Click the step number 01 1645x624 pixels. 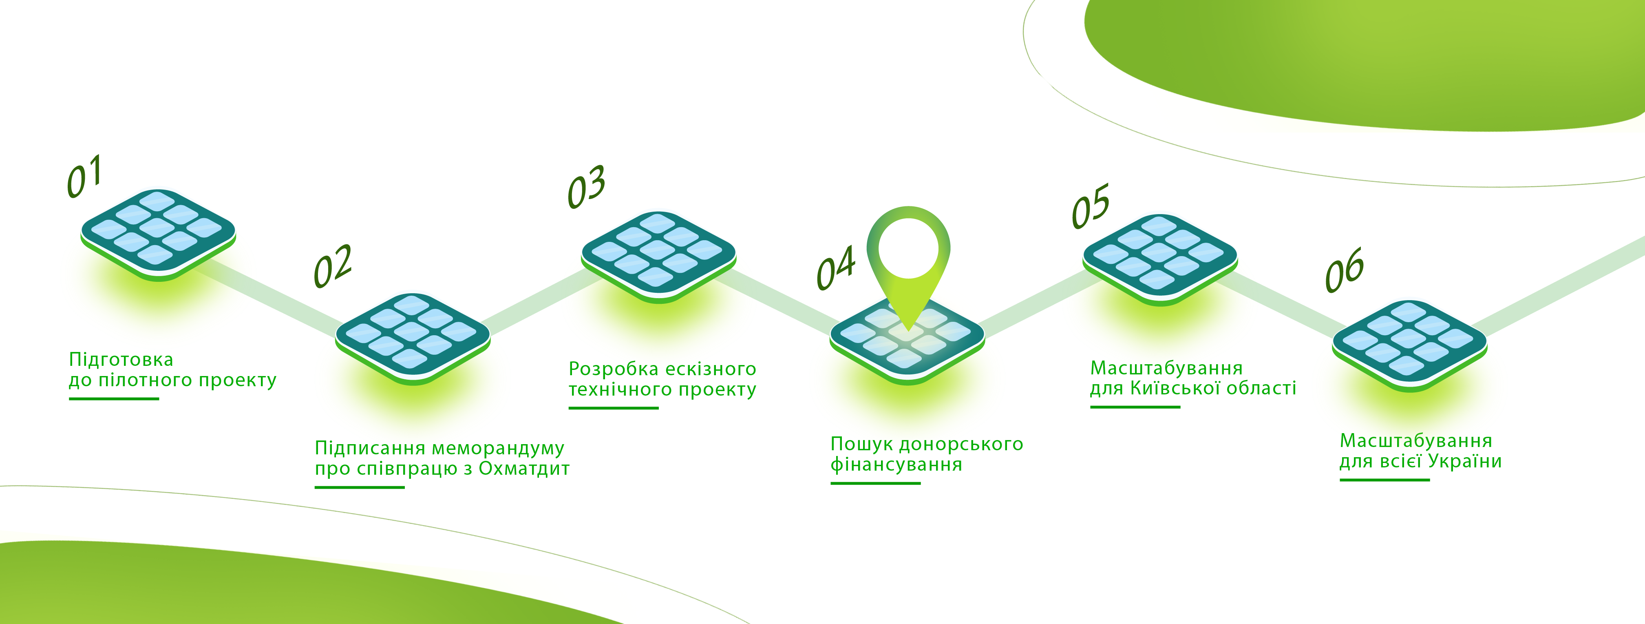click(x=84, y=176)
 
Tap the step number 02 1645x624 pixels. click(x=333, y=266)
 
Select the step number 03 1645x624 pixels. click(x=586, y=186)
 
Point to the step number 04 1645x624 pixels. click(x=836, y=268)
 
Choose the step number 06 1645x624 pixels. click(x=1344, y=270)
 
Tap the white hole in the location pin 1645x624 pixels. click(x=908, y=248)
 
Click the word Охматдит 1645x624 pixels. click(x=524, y=468)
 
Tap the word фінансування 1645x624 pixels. click(x=896, y=465)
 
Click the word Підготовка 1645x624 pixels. click(x=121, y=360)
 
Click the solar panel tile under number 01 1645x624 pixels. click(x=158, y=235)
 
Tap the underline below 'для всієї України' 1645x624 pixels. click(x=1384, y=480)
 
